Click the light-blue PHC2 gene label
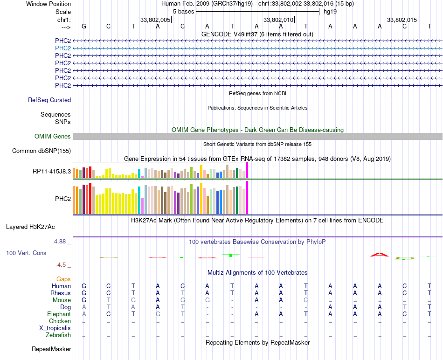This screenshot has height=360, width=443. (x=63, y=48)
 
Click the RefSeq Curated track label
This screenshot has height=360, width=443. (x=49, y=100)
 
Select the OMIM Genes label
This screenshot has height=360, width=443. (x=53, y=136)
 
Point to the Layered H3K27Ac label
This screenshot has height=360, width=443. (x=30, y=227)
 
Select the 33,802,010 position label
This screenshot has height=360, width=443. (x=278, y=20)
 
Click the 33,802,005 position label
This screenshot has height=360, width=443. (x=155, y=20)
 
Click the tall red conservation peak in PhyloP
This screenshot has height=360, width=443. (x=379, y=254)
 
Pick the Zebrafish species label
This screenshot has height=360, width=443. (x=58, y=335)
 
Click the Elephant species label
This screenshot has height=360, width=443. (x=59, y=314)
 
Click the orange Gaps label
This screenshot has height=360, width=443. (x=63, y=279)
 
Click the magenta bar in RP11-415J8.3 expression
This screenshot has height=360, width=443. (x=247, y=170)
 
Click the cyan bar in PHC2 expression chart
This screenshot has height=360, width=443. (x=139, y=200)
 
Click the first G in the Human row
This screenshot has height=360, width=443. (x=84, y=286)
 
